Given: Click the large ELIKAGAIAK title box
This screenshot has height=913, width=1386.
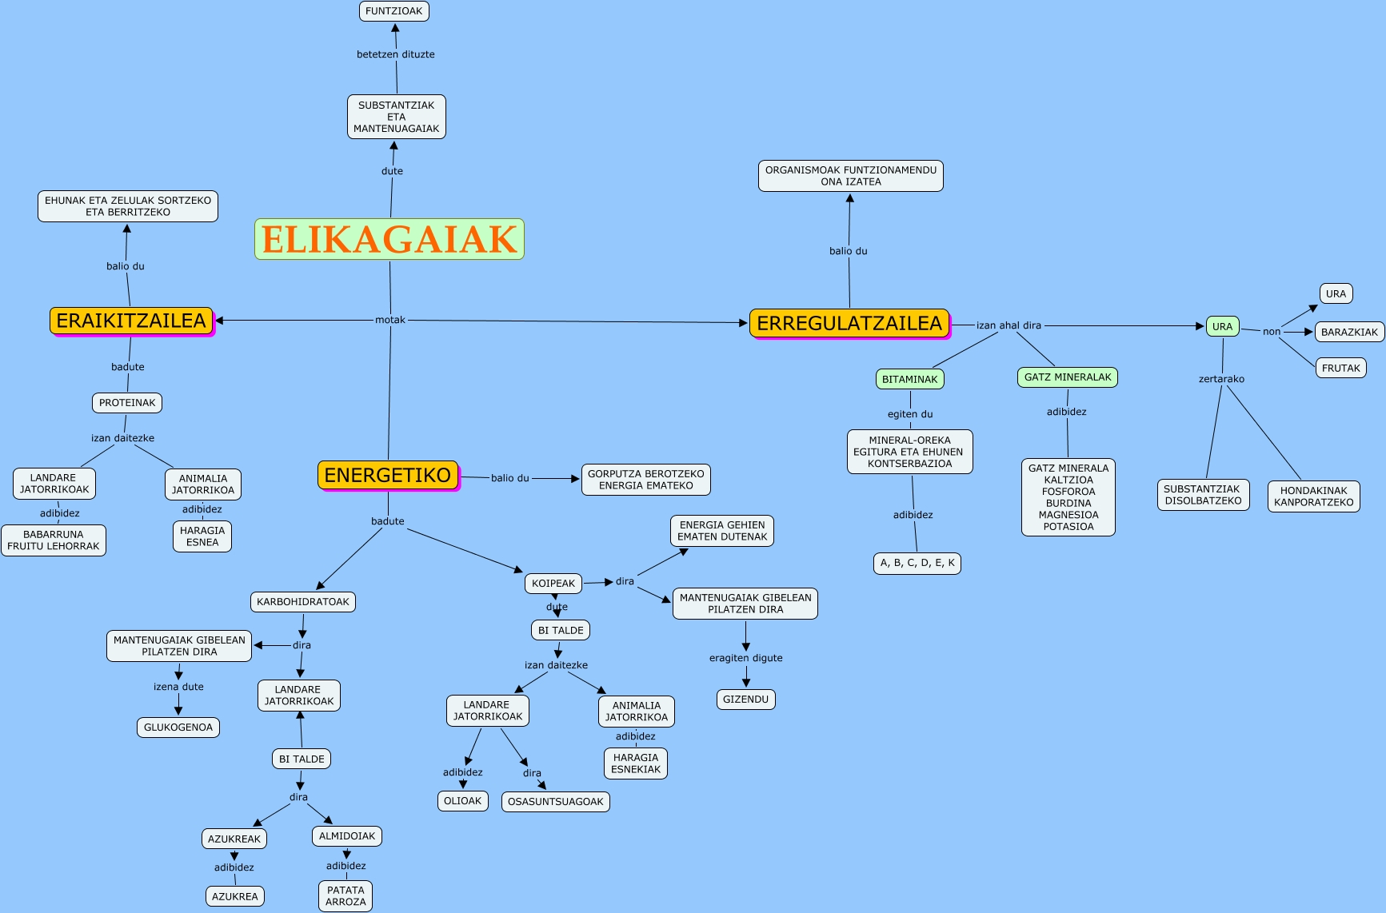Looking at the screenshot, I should tap(389, 239).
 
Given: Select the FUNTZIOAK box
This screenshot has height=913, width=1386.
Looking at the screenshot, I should tap(394, 11).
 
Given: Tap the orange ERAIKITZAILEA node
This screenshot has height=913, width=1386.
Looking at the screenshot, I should tap(132, 321).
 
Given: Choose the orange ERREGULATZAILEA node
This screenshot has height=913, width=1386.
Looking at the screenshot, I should tap(849, 323).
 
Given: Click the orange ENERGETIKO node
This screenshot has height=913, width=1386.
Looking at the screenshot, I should tap(388, 475).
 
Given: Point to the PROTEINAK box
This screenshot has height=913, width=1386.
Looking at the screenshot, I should tap(127, 403).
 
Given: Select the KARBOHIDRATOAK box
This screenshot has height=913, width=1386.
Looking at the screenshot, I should tap(303, 602).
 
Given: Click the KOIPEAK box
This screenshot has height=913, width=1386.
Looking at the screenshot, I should tap(553, 584).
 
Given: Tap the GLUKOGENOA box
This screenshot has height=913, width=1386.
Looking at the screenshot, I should tap(178, 728).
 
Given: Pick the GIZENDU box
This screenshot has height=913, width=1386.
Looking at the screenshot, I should tap(745, 700).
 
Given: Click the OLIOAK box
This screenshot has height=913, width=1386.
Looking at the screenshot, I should tap(463, 801).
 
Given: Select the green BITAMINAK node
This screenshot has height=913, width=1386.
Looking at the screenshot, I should tap(910, 379).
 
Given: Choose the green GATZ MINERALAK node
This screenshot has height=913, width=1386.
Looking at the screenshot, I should tap(1068, 377).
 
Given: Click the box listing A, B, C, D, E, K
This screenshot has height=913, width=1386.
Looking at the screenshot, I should tap(917, 563).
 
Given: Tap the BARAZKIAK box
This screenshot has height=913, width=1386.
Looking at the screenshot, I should tap(1349, 332).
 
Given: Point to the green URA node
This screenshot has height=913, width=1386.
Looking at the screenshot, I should tap(1222, 326).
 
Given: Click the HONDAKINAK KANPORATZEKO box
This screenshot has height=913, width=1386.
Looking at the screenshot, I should tap(1313, 496).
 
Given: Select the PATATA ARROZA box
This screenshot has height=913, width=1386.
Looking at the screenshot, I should tap(346, 895).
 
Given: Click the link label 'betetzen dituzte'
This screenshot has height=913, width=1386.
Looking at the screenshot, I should tap(396, 54).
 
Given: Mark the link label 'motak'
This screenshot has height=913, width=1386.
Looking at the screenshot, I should tap(390, 320).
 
